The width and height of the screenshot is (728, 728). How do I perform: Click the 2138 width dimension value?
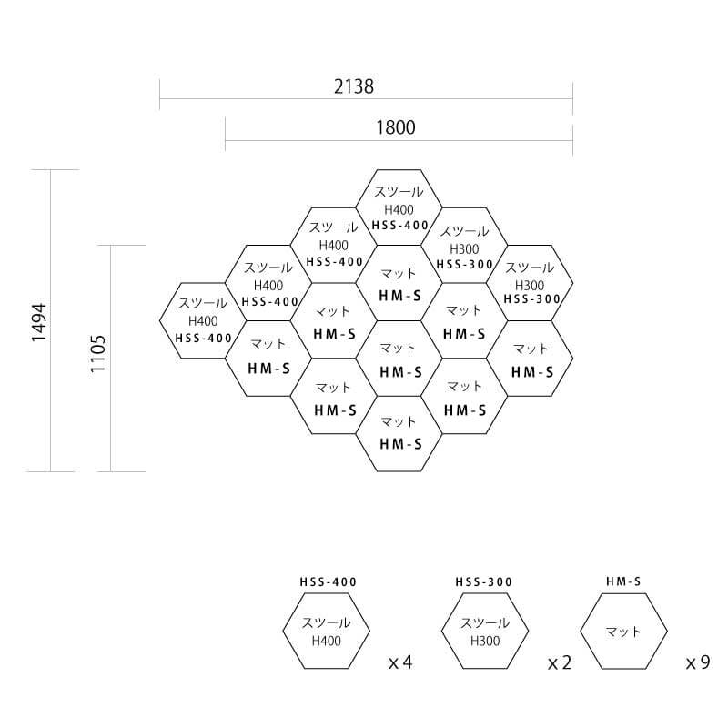pos(354,86)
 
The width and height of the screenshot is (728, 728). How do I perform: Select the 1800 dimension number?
pos(395,127)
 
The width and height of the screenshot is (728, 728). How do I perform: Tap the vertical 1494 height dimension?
pos(37,322)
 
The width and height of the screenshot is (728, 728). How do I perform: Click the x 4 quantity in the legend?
pos(400,662)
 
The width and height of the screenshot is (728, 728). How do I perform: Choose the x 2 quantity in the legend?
pos(560,662)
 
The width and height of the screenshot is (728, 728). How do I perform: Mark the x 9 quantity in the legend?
pos(698,662)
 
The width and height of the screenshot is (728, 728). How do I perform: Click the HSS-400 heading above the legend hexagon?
pos(328,582)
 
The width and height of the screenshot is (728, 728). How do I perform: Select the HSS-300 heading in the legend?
pos(484,582)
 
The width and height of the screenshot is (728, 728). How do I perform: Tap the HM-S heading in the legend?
pos(623,581)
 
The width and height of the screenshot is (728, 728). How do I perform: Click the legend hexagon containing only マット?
pos(623,632)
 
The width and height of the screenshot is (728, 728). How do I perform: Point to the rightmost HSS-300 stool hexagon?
pos(530,282)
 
